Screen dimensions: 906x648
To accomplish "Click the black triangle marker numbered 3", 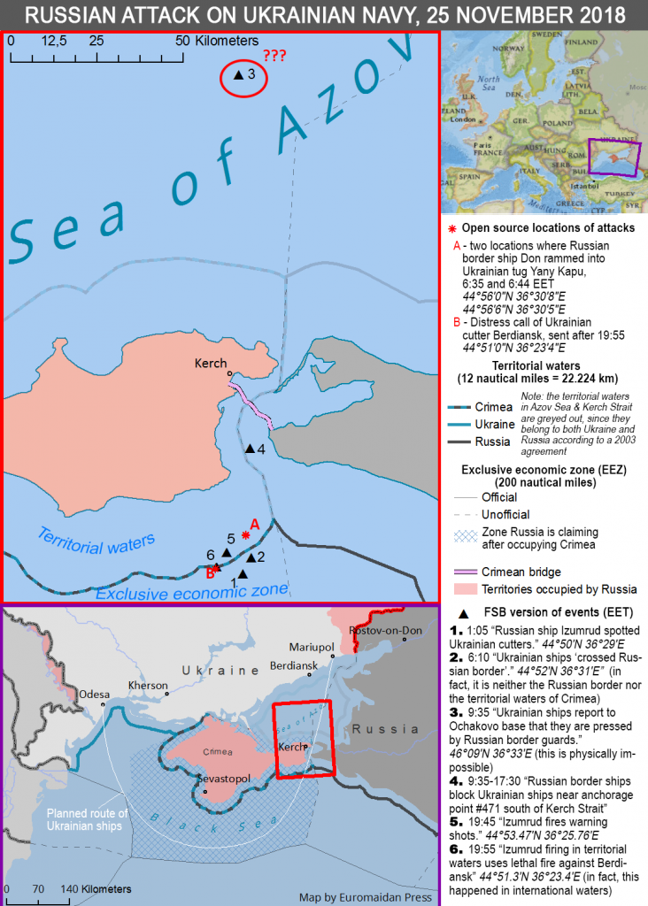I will point(237,76).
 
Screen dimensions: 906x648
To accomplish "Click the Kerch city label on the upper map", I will point(212,363).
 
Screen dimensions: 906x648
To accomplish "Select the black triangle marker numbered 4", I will point(250,449).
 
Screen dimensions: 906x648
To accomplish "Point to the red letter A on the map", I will point(254,524).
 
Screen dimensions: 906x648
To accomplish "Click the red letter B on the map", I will point(210,572).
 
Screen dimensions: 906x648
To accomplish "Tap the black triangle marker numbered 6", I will point(227,553).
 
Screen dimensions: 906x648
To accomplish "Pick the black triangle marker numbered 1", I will point(243,573).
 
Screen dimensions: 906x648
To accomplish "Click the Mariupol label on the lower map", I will point(311,647).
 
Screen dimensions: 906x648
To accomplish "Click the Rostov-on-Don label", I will point(384,629).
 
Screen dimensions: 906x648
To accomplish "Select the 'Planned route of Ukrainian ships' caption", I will point(88,820).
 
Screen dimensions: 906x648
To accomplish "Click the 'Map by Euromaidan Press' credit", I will point(366,896).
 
